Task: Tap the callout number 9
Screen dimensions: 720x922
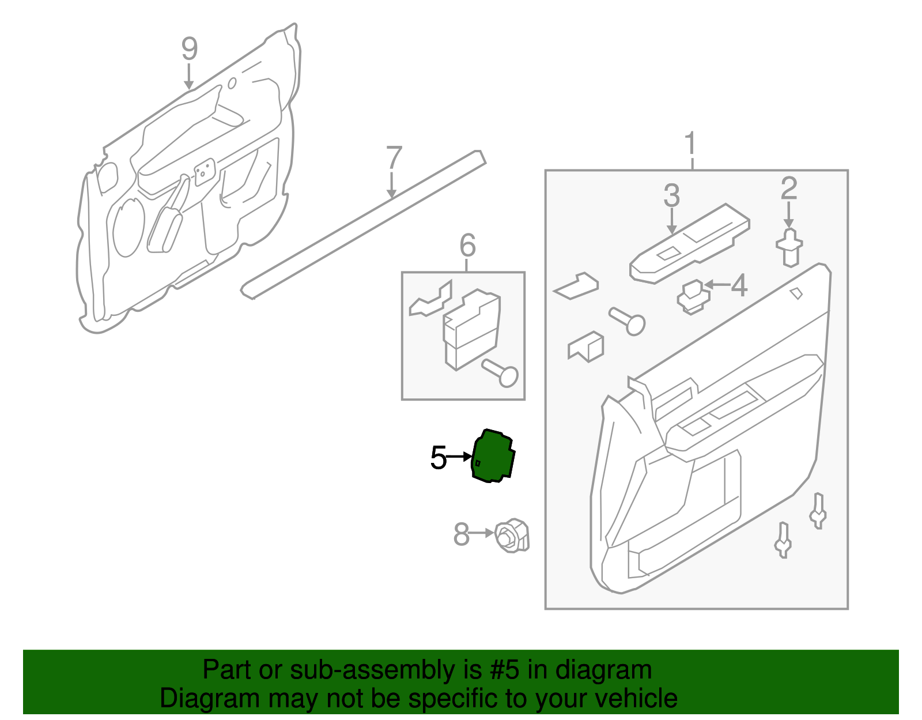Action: point(190,50)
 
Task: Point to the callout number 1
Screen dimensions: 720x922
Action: point(690,144)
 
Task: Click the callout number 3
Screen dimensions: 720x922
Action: point(671,196)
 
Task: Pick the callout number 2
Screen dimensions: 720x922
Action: point(788,189)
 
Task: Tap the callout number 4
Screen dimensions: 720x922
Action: point(739,285)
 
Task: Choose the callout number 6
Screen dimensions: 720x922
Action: point(467,246)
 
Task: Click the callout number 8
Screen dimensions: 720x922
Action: point(462,534)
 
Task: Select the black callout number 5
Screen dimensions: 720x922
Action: point(439,458)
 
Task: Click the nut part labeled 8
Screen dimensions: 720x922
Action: point(512,536)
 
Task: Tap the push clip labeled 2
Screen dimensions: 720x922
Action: point(789,248)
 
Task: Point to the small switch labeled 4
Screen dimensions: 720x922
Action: point(693,296)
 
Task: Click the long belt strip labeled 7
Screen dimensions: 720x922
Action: point(363,225)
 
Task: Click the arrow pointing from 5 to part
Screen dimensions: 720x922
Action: point(459,457)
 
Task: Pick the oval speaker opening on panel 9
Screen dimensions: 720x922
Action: point(129,228)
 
